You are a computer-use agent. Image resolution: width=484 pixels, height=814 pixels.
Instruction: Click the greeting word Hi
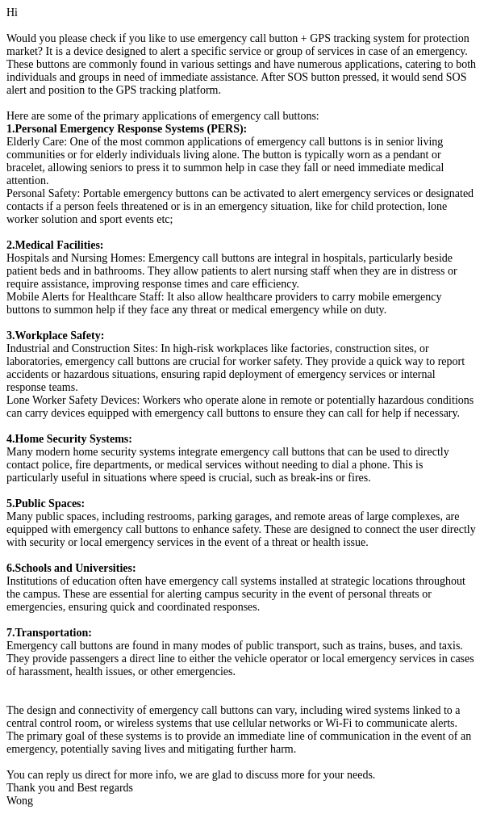pos(12,12)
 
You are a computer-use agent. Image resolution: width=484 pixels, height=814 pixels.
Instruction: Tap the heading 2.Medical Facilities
pos(55,245)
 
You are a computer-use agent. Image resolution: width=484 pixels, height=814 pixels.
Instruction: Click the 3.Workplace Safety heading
pos(55,335)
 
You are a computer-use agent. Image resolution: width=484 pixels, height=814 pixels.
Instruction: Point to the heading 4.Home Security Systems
pos(69,438)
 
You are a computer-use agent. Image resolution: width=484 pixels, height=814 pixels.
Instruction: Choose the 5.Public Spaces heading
pos(45,503)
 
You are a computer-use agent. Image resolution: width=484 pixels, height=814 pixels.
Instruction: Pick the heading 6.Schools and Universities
pos(71,568)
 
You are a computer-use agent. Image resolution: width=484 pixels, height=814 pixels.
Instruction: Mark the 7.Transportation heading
pos(49,632)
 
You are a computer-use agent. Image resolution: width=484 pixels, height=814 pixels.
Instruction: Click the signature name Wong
pos(20,800)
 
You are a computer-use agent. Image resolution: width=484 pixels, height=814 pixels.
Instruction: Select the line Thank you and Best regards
pos(70,787)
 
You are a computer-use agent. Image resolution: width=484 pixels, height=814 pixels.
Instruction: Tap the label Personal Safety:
pos(43,193)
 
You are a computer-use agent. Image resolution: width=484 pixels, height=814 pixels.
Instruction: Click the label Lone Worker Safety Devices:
pos(73,400)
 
